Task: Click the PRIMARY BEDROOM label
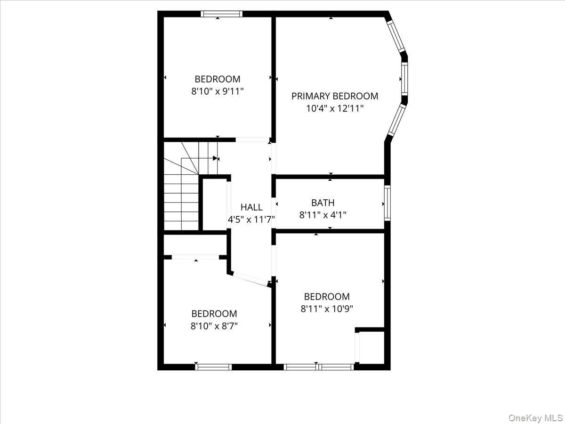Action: (334, 96)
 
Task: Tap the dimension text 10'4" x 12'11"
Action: (334, 108)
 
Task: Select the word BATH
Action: (323, 203)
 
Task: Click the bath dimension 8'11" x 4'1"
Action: (323, 215)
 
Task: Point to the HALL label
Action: (251, 207)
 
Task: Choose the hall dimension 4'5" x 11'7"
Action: (251, 219)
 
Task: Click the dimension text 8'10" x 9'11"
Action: (218, 91)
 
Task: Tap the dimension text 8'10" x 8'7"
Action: (214, 326)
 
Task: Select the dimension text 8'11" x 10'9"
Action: (327, 309)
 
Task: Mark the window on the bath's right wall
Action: (387, 203)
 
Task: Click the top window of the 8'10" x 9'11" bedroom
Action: (221, 14)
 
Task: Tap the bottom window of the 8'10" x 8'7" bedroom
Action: (213, 367)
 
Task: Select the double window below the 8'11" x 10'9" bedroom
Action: (319, 367)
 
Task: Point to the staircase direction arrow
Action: (215, 158)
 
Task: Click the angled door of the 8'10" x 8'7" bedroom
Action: (250, 279)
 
